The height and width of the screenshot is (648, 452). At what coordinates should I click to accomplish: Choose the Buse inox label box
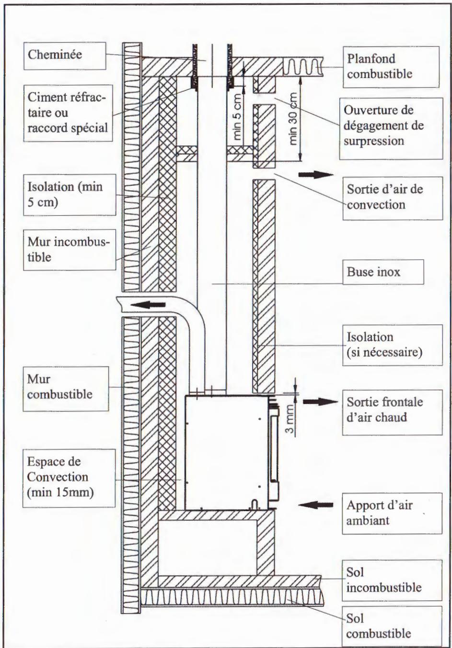pyautogui.click(x=383, y=273)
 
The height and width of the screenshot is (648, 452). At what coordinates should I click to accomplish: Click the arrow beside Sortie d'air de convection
pyautogui.click(x=315, y=175)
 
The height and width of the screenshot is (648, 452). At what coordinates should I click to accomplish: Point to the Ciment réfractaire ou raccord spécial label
pyautogui.click(x=68, y=114)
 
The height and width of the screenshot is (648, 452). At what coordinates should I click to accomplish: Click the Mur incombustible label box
pyautogui.click(x=68, y=249)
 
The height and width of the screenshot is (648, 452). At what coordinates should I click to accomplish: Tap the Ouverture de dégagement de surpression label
pyautogui.click(x=390, y=126)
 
